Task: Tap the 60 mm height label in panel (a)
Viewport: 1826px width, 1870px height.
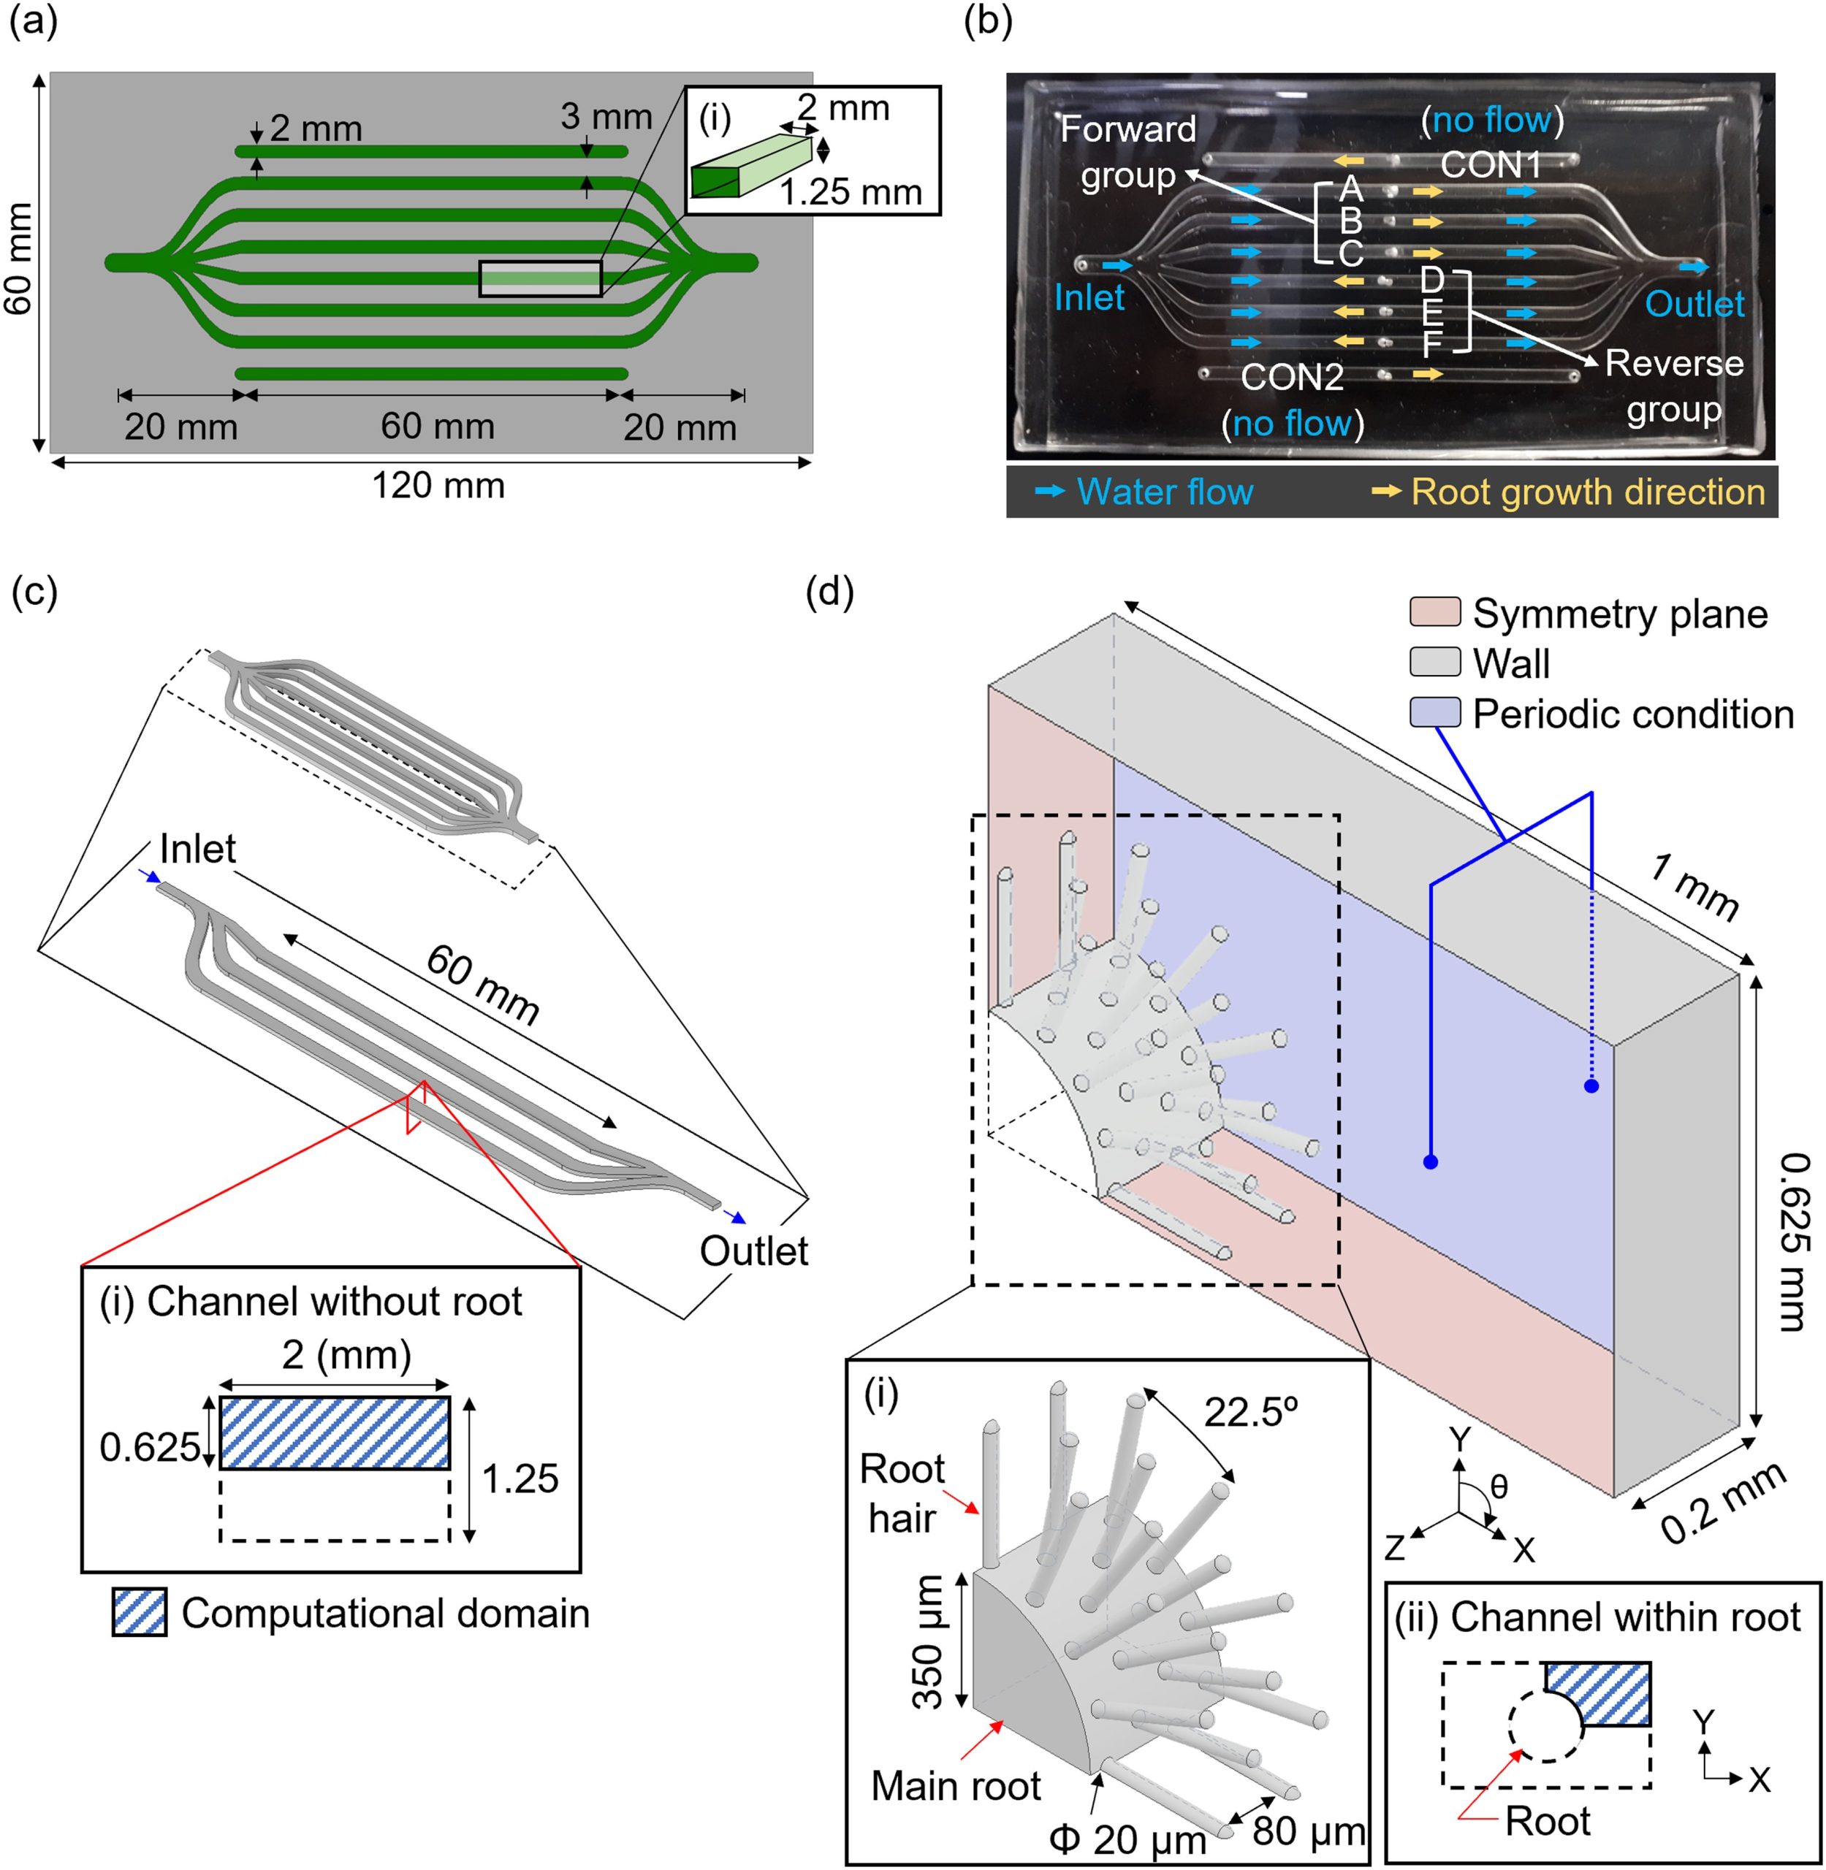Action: coord(19,258)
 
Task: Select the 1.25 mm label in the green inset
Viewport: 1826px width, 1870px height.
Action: coord(851,192)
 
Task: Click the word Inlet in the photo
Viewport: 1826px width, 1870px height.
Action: coord(1089,297)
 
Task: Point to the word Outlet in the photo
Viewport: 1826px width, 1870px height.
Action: coord(1694,304)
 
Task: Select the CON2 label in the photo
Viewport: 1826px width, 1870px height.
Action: coord(1292,377)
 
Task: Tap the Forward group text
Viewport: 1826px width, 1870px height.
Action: coord(1129,153)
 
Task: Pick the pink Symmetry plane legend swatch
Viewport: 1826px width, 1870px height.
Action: coord(1435,612)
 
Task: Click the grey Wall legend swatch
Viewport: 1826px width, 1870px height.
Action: coord(1435,662)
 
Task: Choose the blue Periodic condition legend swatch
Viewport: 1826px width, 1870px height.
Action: coord(1435,712)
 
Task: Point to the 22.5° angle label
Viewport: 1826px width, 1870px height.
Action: coord(1251,1413)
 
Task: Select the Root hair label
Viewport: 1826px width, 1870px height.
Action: coord(902,1493)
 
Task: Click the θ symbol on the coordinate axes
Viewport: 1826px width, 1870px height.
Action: coord(1499,1487)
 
